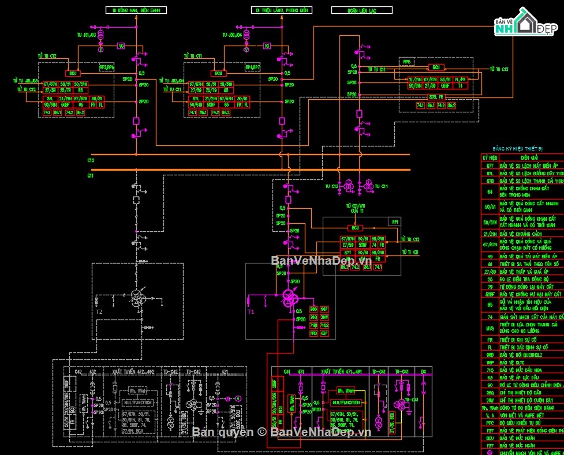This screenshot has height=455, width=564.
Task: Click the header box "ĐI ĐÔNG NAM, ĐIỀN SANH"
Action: [137, 10]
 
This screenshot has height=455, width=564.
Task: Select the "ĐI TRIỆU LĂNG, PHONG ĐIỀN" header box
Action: [282, 10]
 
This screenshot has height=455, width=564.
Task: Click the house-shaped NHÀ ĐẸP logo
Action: [525, 22]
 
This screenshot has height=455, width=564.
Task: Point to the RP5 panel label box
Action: [407, 61]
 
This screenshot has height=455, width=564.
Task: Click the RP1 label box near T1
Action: [395, 221]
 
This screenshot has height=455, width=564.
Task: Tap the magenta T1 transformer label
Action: [251, 311]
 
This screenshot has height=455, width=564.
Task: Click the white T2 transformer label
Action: [99, 311]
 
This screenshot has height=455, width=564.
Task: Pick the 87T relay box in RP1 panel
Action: [348, 253]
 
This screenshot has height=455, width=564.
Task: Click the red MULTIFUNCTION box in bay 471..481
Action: [346, 402]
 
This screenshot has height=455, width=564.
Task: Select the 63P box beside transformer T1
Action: [324, 333]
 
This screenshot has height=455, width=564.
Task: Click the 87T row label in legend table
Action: [489, 166]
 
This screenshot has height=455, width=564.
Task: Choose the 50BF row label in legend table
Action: [489, 294]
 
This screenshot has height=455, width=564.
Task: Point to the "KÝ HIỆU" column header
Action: [490, 157]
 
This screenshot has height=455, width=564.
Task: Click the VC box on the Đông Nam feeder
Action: [121, 46]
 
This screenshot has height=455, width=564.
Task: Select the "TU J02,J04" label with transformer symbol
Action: [235, 35]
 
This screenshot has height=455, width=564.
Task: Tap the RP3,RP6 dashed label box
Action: [107, 67]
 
